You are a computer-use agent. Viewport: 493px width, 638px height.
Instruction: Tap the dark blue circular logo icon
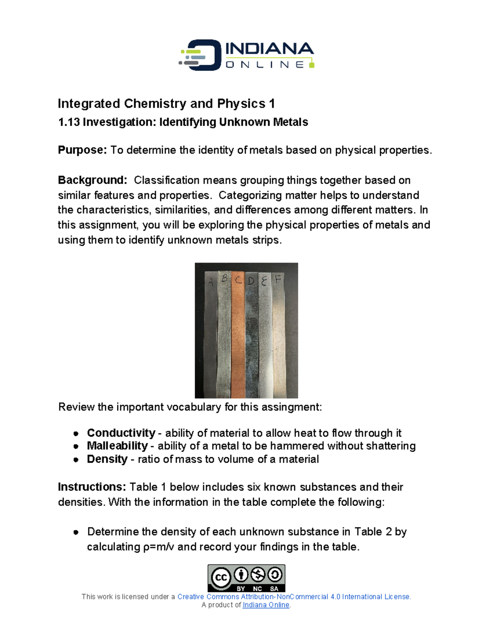pyautogui.click(x=201, y=55)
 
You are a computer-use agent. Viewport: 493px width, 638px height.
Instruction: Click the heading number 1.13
pyautogui.click(x=69, y=122)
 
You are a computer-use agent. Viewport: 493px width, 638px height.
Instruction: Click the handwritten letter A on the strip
pyautogui.click(x=210, y=282)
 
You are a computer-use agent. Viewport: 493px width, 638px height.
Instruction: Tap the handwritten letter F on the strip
pyautogui.click(x=278, y=279)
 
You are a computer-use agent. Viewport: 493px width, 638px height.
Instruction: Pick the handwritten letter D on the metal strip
pyautogui.click(x=251, y=281)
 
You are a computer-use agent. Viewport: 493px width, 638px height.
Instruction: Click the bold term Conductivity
pyautogui.click(x=121, y=433)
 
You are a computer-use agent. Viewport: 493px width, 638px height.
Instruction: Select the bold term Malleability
pyautogui.click(x=117, y=446)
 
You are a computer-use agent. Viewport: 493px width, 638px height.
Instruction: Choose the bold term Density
pyautogui.click(x=107, y=459)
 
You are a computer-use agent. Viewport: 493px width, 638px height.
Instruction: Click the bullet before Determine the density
pyautogui.click(x=76, y=532)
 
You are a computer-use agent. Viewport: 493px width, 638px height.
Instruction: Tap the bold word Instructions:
pyautogui.click(x=92, y=487)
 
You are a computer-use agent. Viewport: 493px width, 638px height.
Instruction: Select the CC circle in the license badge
pyautogui.click(x=221, y=577)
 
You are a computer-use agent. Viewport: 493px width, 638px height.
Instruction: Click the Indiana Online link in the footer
pyautogui.click(x=266, y=605)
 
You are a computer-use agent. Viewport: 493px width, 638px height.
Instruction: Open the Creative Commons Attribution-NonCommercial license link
pyautogui.click(x=294, y=597)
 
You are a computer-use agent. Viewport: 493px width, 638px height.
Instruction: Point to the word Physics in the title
pyautogui.click(x=241, y=104)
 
